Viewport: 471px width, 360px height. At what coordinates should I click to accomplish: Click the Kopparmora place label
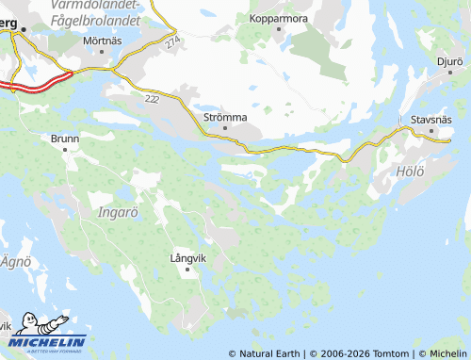tap(280, 18)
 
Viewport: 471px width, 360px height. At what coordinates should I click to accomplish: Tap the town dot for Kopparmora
tap(280, 30)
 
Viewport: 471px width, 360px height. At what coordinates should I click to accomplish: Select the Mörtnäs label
tap(103, 41)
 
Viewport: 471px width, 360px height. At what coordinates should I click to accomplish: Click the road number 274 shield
tap(171, 43)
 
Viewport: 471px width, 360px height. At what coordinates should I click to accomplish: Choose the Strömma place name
tap(225, 117)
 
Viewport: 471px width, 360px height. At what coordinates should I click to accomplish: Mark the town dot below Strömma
tap(225, 129)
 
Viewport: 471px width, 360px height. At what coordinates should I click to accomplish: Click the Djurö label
tap(449, 61)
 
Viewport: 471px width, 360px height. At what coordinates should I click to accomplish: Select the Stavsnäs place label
tap(431, 120)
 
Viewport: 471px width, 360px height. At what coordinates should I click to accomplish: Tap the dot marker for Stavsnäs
tap(431, 131)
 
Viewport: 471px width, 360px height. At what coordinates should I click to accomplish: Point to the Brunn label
tap(65, 139)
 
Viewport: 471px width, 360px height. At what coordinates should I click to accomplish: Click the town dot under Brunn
tap(65, 151)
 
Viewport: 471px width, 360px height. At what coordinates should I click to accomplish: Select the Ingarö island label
tap(118, 211)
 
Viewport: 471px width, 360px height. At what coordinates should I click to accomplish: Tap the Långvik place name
tap(187, 256)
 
